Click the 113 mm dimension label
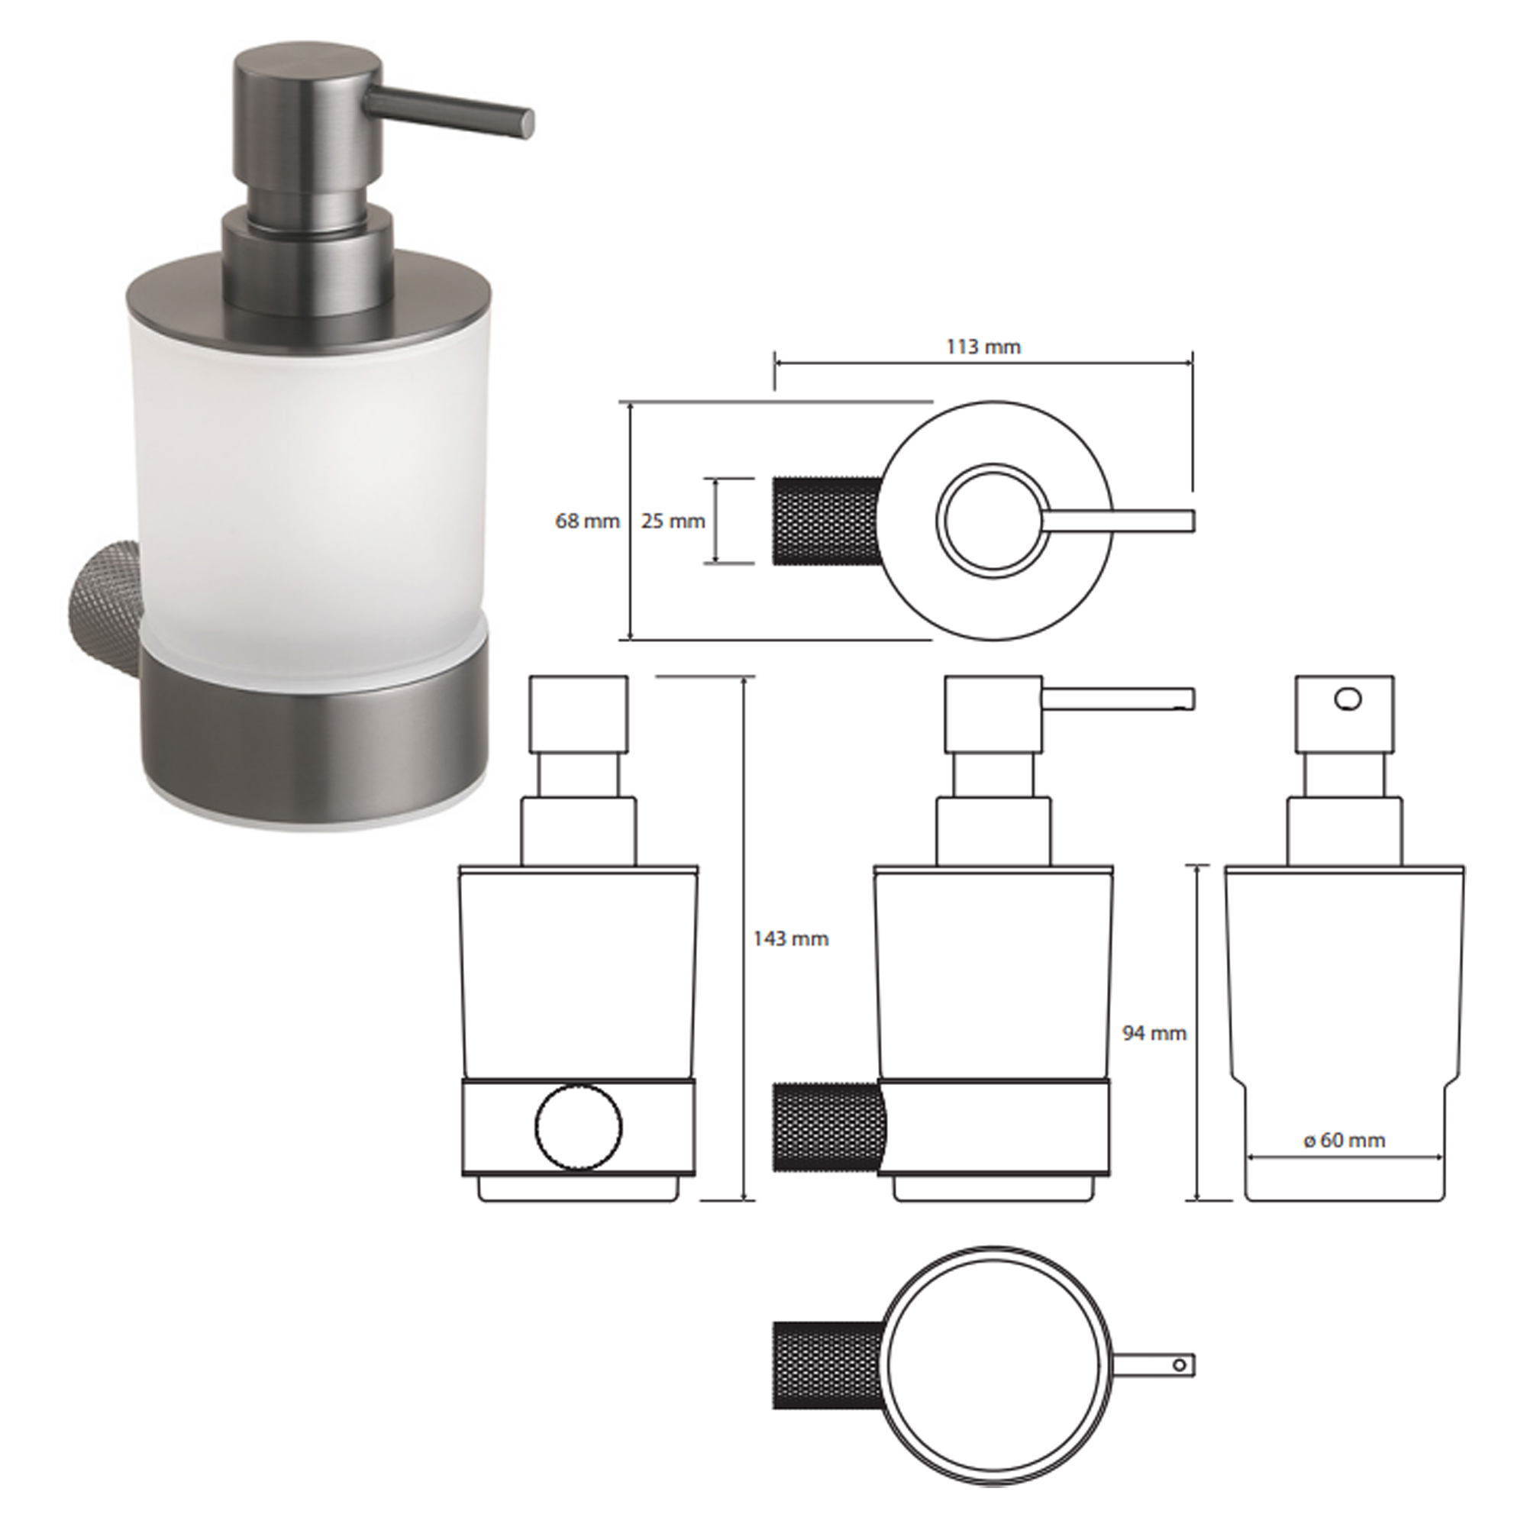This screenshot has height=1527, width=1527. point(983,346)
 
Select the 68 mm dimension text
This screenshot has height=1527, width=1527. point(587,521)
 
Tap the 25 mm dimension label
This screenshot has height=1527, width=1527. point(673,521)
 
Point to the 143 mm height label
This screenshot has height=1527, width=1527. point(790,939)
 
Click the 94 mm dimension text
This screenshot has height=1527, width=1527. point(1154,1033)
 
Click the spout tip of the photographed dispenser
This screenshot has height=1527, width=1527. point(525,123)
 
